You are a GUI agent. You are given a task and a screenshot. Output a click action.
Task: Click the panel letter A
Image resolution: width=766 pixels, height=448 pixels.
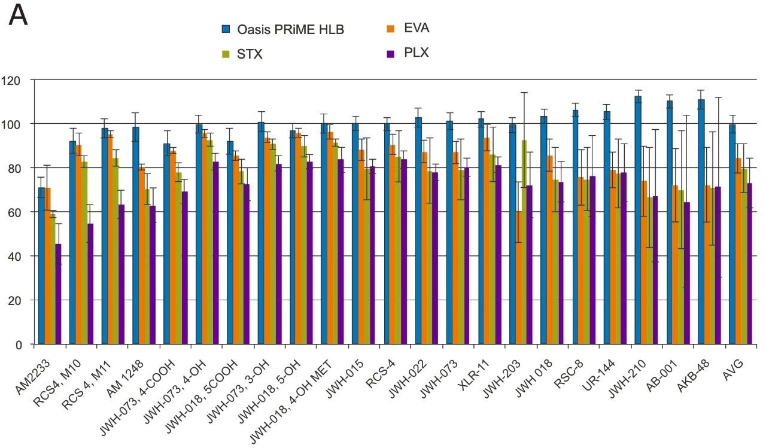point(19,17)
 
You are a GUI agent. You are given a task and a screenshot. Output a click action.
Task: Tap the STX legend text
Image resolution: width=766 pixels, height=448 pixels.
point(250,54)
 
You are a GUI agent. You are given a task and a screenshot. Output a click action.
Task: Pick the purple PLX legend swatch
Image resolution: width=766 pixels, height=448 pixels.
point(390,53)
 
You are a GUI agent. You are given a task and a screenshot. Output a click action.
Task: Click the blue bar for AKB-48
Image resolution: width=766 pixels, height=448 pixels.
point(701,221)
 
